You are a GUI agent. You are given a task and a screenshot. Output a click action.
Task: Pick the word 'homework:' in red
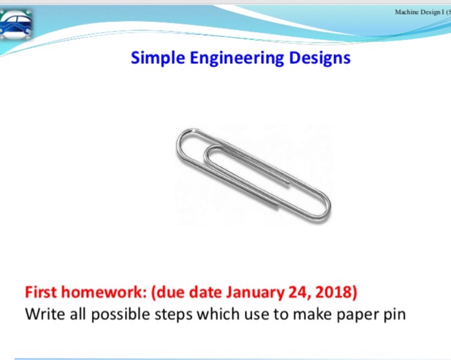[x=102, y=292]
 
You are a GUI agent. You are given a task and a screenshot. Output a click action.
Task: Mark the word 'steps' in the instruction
[x=169, y=316]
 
